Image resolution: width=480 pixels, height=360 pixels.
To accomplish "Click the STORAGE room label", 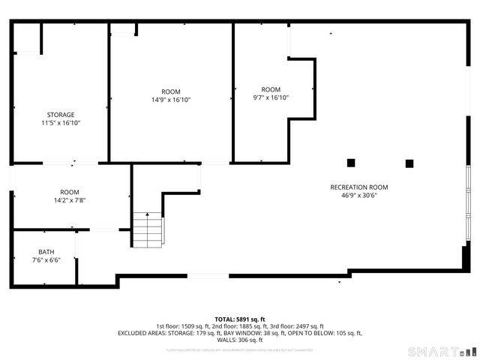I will pos(61,115).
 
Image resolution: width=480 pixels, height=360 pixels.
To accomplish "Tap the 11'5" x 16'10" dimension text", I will pos(61,123).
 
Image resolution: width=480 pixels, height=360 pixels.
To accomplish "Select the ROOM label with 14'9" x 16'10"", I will pos(171,91).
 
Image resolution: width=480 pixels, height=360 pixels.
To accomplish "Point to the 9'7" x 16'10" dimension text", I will pos(271,97).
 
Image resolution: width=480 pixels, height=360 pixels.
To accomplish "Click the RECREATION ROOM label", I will pos(359,187).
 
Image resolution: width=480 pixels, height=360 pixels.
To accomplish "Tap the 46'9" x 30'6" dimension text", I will pos(359,196).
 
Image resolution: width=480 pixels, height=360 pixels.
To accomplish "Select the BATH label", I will pos(46,252).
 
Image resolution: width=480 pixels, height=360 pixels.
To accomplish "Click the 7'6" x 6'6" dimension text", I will pos(46,260).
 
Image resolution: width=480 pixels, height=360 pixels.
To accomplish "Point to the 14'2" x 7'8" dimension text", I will pos(70,200).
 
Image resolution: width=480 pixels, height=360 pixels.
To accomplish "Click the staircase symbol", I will pos(148,230).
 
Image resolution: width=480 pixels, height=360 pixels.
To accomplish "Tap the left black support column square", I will pos(351,163).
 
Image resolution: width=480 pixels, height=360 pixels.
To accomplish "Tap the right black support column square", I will pos(409,163).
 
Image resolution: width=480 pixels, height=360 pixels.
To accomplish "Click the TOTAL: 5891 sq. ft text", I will pos(240,319).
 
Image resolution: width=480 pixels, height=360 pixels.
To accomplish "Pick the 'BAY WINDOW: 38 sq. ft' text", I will pos(255,333).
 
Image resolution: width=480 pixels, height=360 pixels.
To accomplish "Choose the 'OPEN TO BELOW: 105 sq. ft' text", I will pos(324,333).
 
